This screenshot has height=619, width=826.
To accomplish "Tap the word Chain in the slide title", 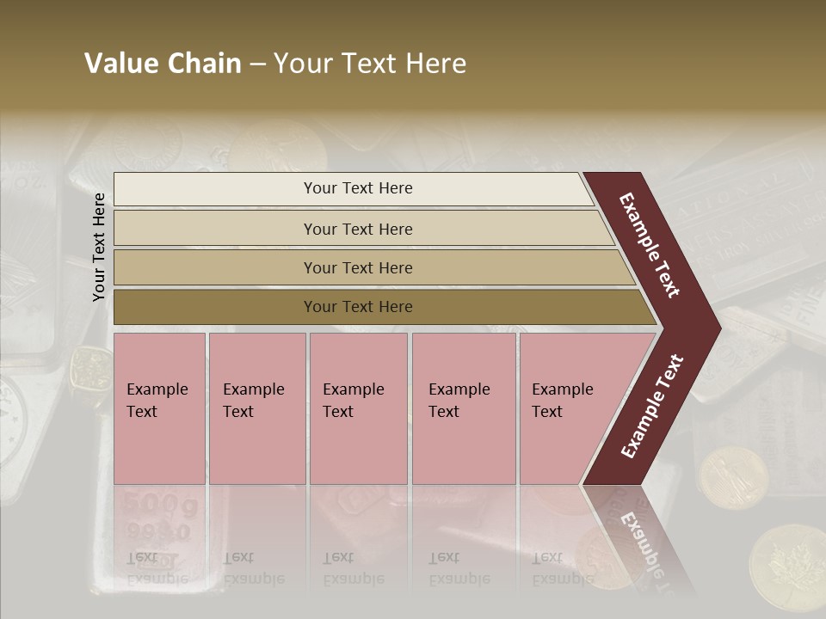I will (x=205, y=64).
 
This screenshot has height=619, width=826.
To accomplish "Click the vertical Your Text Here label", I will (x=99, y=247).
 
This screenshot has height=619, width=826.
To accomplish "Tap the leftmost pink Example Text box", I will (x=159, y=408).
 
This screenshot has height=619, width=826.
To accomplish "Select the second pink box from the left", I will (x=256, y=408).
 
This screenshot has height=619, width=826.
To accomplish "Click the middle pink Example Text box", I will (x=358, y=408).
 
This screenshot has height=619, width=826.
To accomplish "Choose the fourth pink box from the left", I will (x=463, y=408).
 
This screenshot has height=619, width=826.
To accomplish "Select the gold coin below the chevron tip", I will (x=734, y=478).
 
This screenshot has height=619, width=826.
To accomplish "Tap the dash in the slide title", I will (x=257, y=64).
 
